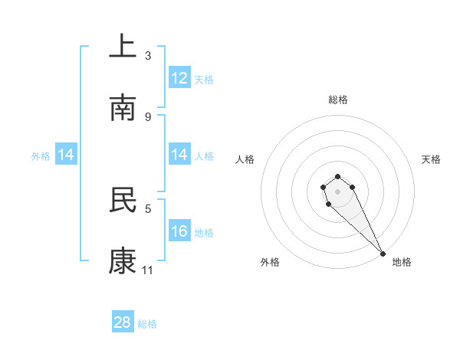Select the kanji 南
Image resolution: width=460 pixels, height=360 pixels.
tap(123, 107)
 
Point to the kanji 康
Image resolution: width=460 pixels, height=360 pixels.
tap(123, 260)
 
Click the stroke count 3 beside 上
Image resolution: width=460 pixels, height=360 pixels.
tap(148, 56)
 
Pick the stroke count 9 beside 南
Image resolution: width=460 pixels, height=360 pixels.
tap(148, 116)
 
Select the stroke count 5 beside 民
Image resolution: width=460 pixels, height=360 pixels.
tap(148, 208)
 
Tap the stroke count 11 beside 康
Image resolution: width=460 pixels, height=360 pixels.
tap(148, 270)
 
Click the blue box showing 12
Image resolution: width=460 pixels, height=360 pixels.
tap(179, 78)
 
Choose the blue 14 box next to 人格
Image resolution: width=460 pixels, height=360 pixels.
tap(179, 155)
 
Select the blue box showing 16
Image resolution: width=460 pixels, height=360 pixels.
tap(179, 231)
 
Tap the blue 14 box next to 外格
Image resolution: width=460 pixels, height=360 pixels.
tap(66, 155)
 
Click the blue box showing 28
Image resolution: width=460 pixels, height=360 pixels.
tap(123, 322)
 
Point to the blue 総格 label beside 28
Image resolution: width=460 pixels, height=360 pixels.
tap(147, 324)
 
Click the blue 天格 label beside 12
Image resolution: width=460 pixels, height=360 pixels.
tap(204, 80)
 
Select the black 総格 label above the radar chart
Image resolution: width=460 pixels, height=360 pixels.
tap(337, 100)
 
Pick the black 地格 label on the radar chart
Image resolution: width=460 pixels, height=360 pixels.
tap(402, 262)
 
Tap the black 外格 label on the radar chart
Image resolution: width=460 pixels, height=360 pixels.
tap(270, 262)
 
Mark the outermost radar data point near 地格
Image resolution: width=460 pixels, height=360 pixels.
tap(383, 254)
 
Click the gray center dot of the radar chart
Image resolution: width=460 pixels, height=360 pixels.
tap(337, 191)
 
